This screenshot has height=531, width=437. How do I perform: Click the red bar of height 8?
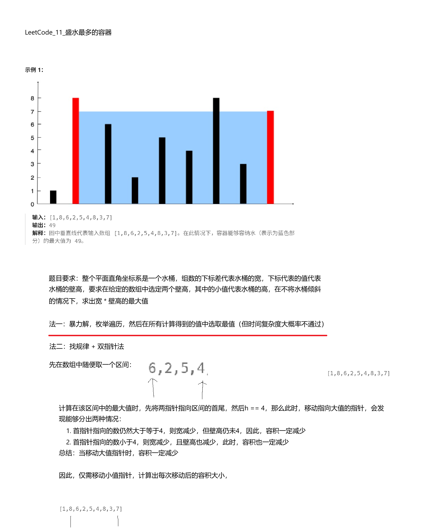tap(76, 151)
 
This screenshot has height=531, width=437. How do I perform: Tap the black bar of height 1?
tap(53, 197)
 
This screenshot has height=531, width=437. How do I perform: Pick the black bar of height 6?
tap(108, 164)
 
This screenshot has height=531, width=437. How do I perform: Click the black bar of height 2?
tap(135, 190)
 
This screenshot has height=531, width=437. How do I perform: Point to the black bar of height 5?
tap(162, 170)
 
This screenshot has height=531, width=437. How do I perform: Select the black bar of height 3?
tap(243, 184)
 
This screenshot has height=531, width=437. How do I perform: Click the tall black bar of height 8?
tap(216, 151)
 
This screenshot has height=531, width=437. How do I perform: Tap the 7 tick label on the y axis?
tap(32, 112)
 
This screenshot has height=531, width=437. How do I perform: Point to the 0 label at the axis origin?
tap(32, 204)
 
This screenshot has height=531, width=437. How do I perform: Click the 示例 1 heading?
tap(34, 70)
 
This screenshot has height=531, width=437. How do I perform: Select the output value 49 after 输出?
tap(52, 225)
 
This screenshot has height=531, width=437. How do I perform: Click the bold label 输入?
tap(38, 217)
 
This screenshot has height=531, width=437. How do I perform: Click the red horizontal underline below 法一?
tap(188, 335)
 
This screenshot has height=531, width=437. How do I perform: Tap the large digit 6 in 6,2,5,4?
tap(152, 368)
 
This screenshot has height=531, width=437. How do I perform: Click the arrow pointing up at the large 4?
tap(202, 390)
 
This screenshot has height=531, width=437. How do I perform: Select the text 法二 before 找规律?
tap(56, 346)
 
